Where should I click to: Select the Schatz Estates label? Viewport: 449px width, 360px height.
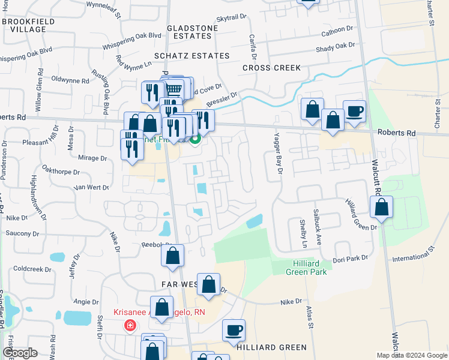tap(191, 56)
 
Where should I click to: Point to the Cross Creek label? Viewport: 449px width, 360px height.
tap(271, 68)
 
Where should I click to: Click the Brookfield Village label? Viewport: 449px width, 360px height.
tap(25, 25)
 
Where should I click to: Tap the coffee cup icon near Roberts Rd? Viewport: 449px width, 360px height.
tap(354, 112)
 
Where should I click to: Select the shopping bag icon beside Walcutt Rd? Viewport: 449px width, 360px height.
tap(381, 208)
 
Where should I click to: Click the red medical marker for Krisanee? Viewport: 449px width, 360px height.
tap(129, 326)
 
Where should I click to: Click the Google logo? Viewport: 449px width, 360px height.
tap(20, 353)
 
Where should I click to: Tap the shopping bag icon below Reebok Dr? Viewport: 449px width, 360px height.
tap(172, 256)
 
